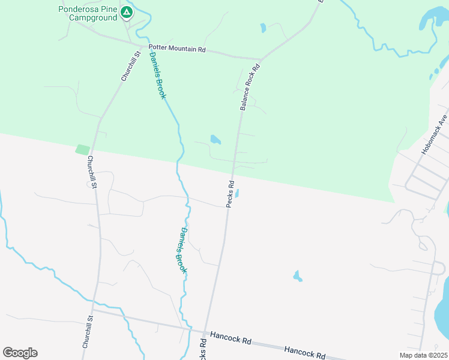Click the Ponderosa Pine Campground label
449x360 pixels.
pos(88,13)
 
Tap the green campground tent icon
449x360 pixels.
pos(126,11)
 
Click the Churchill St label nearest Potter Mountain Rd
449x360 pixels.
pos(130,66)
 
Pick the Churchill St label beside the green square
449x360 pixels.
pos(92,172)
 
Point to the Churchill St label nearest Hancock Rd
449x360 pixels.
pos(86,333)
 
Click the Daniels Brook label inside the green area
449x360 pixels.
pos(157,76)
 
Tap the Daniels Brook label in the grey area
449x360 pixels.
pos(181,251)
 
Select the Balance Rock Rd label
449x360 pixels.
pos(249,88)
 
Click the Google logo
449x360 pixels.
pos(20,353)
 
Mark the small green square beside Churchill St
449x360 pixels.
pos(82,149)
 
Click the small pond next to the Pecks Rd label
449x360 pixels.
pos(238,194)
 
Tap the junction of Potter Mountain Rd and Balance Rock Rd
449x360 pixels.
pos(260,59)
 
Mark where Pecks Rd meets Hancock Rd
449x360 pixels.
pos(206,332)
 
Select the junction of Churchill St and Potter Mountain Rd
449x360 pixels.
pos(142,46)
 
